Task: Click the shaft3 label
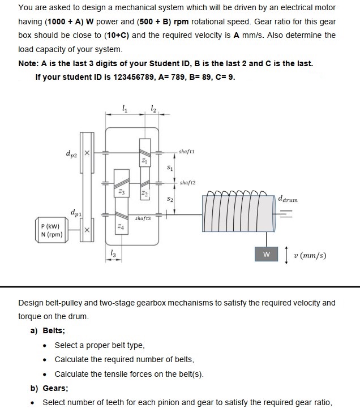(143, 218)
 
